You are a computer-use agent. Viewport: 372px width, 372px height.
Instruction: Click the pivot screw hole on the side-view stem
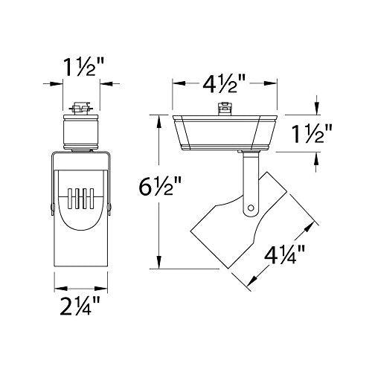(x=251, y=208)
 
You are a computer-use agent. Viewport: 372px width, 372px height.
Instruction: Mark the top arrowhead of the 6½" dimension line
(x=158, y=118)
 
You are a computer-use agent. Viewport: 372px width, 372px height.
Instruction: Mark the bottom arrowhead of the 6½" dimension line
(x=158, y=266)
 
